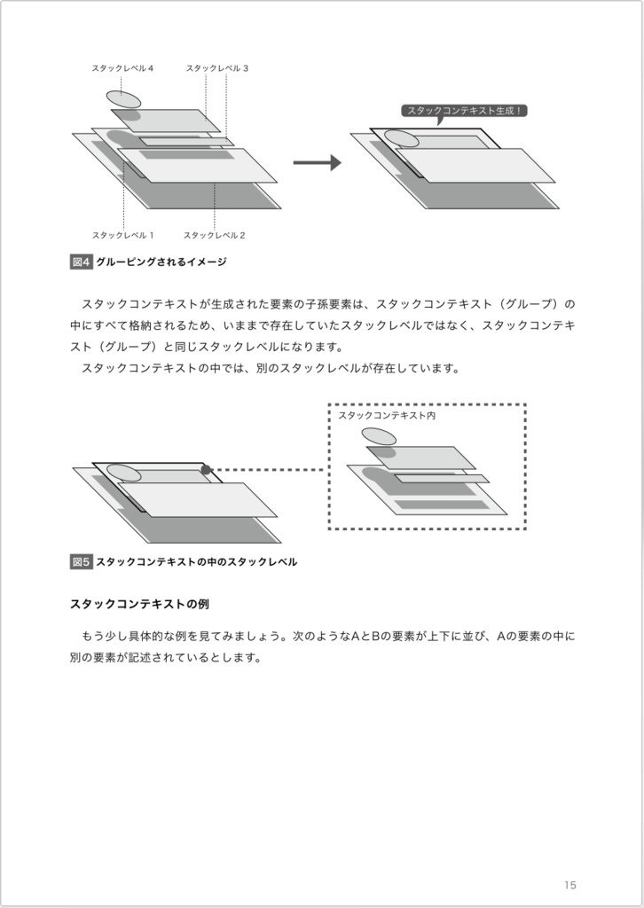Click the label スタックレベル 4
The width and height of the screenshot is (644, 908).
coord(122,68)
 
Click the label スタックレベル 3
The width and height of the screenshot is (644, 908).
coord(216,68)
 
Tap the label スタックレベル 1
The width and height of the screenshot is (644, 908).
coord(123,235)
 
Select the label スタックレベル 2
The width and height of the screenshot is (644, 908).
coord(215,235)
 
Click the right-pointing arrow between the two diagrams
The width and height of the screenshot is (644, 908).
coord(317,163)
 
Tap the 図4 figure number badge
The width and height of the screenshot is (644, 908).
coord(81,262)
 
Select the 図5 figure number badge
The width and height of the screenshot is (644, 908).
coord(81,561)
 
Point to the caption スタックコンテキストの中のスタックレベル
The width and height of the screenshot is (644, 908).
coord(196,561)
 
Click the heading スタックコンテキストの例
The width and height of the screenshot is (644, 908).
coord(138,604)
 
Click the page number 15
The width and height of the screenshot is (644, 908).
coord(569,884)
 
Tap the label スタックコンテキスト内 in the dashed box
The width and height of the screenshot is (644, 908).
coord(387,415)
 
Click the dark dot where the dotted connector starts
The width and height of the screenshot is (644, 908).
coord(206,470)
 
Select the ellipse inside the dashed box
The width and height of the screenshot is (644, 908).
coord(379,436)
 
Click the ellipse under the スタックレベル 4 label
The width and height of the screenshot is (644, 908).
coord(124,98)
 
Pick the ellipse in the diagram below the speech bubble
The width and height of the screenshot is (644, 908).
coord(401,139)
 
